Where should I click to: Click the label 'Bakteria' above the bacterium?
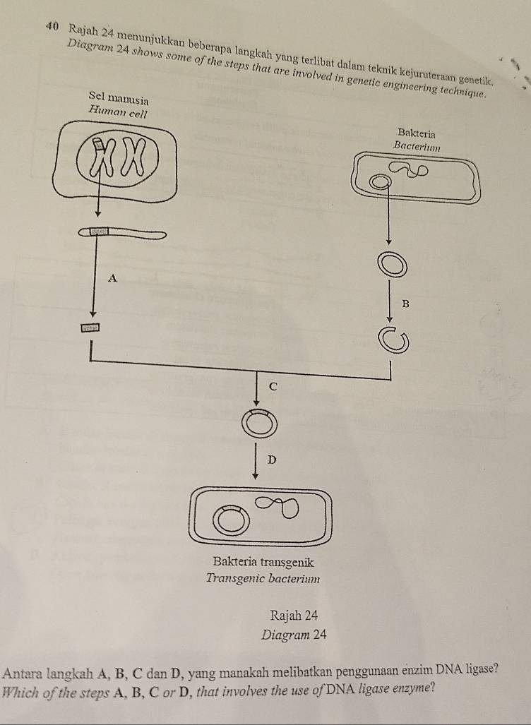[417, 133]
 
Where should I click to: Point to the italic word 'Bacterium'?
[417, 147]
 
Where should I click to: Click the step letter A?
[112, 278]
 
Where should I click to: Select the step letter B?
[405, 304]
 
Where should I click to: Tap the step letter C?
[272, 386]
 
